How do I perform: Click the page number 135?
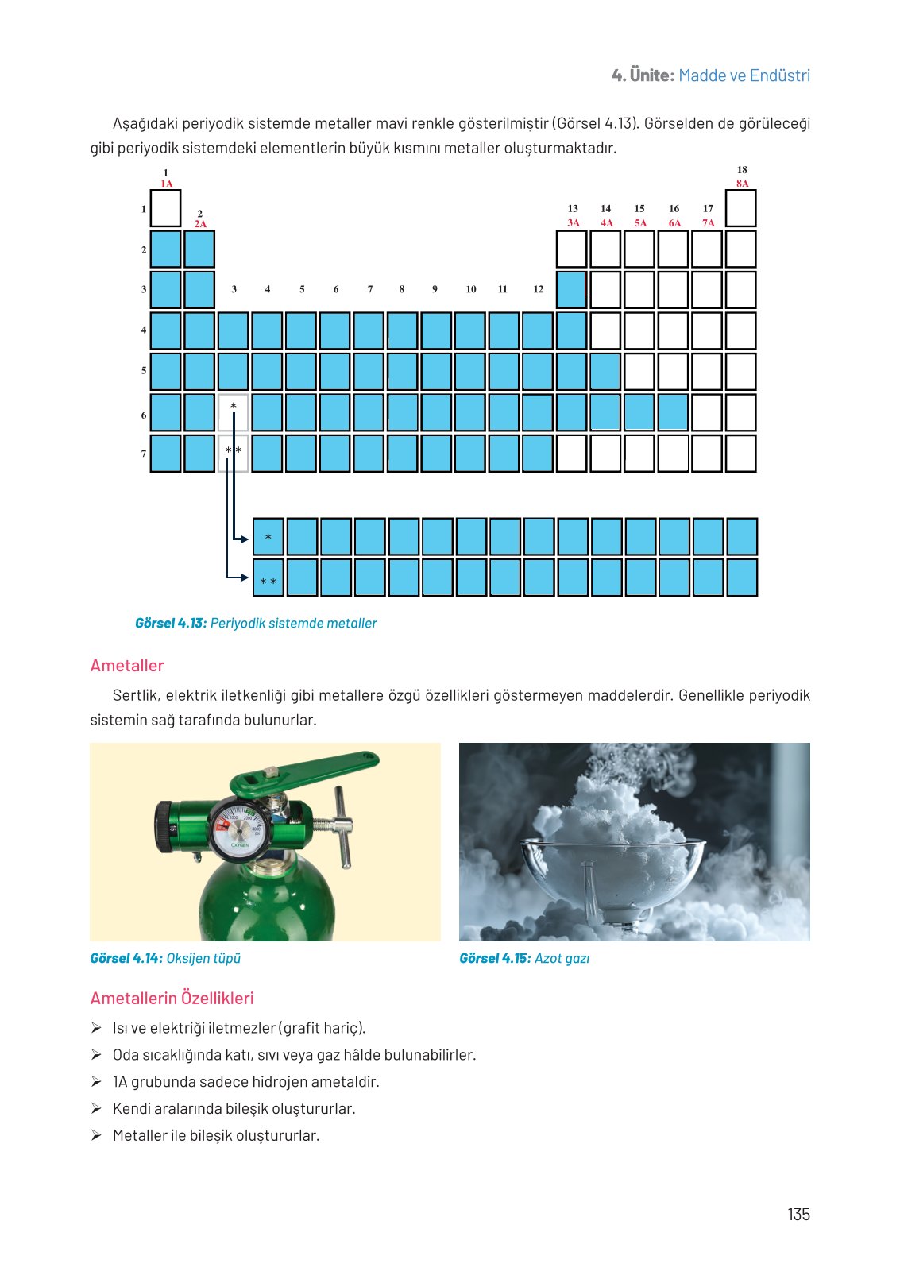point(798,1214)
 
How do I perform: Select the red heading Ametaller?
point(127,666)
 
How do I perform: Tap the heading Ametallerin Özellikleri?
point(172,998)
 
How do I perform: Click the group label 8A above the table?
point(742,184)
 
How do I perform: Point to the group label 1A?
point(166,184)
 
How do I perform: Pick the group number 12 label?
point(538,289)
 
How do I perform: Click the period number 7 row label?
point(144,454)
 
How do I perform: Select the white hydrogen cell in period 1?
point(165,209)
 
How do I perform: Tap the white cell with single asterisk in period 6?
point(234,412)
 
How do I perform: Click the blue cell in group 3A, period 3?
point(571,290)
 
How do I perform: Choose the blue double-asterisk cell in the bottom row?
point(268,578)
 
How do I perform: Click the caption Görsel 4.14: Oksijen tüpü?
point(165,958)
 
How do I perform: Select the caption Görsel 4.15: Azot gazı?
point(524,958)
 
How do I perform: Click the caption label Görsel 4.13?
point(171,624)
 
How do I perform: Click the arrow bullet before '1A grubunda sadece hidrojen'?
point(96,1082)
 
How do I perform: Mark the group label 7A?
point(708,223)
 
